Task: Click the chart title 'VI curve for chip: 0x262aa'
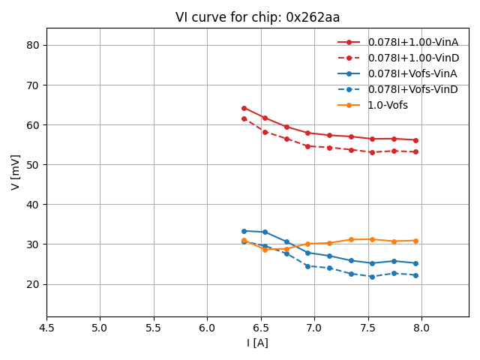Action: point(257,17)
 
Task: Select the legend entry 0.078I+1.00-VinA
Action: point(412,42)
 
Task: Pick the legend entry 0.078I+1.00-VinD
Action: point(412,58)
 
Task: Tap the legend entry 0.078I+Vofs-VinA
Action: point(412,73)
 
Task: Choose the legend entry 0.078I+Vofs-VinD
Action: point(412,89)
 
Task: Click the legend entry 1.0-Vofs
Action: point(388,105)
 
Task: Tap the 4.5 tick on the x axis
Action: point(46,328)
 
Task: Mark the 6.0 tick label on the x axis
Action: point(207,328)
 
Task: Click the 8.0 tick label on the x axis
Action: point(421,328)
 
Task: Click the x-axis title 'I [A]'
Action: point(257,343)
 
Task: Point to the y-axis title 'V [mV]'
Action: point(16,172)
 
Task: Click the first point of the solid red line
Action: point(244,108)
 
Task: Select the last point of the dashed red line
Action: point(415,151)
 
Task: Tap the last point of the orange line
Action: point(415,241)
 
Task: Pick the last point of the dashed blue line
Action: point(415,275)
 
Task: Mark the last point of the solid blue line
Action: point(415,263)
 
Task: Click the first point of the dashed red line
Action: point(244,118)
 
